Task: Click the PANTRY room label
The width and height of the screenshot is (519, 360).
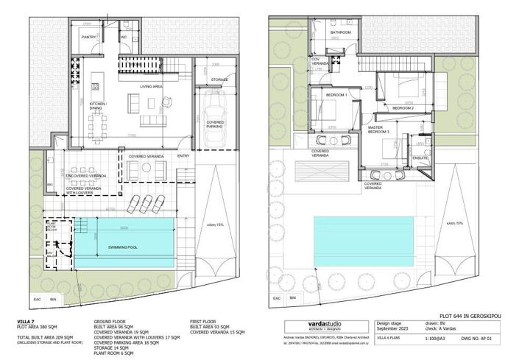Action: pyautogui.click(x=90, y=35)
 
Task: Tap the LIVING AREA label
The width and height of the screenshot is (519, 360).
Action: pyautogui.click(x=152, y=87)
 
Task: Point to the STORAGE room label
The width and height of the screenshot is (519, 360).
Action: pyautogui.click(x=219, y=79)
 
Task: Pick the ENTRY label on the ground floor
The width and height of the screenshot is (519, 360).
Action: pyautogui.click(x=183, y=156)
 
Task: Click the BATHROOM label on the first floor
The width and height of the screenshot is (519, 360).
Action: pyautogui.click(x=340, y=33)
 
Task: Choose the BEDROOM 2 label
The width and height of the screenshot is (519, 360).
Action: pyautogui.click(x=403, y=108)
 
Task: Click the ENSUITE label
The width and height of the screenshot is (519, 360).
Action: pyautogui.click(x=420, y=158)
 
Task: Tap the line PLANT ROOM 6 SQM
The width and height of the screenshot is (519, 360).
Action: pyautogui.click(x=119, y=353)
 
